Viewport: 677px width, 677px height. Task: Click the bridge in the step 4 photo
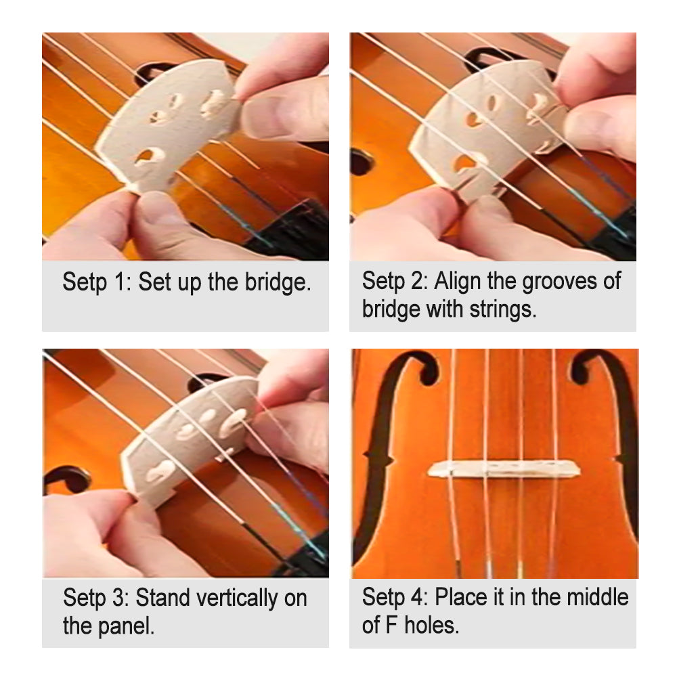503,468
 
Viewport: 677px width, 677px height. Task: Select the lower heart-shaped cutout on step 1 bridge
147,158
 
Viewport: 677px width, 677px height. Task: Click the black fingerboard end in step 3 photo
305,559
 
